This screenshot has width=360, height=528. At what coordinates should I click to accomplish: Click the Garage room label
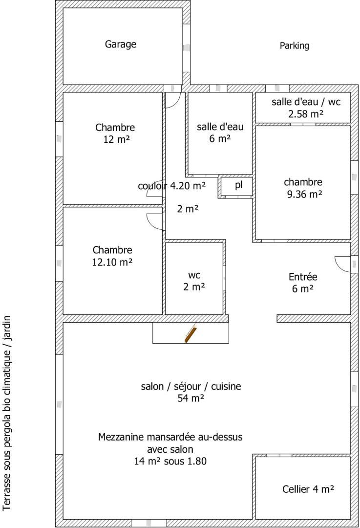point(121,44)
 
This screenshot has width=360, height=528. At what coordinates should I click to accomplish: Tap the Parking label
point(295,45)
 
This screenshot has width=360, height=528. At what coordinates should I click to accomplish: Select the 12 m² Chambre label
point(115,133)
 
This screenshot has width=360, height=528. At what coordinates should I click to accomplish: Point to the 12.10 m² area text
point(112,262)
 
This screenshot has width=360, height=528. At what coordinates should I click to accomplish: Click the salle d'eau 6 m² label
point(220,132)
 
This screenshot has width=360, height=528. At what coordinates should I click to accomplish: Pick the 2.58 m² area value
point(306,114)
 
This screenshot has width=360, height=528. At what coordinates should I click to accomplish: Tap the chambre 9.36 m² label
point(303,188)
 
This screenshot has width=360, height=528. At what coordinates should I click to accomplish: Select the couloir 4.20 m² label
point(171,186)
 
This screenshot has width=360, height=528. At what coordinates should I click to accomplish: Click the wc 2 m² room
point(194,279)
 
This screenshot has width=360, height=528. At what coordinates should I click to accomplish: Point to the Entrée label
point(303,277)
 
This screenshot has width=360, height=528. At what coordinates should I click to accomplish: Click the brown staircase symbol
point(191,333)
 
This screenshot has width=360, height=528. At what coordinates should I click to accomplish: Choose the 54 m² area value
point(191,398)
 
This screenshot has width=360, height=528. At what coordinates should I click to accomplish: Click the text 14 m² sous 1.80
point(170,461)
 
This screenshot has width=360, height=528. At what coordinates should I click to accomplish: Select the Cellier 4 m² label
point(308,489)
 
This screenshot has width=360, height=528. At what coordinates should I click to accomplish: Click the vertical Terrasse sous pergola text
point(7,413)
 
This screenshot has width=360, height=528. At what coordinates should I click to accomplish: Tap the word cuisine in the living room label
point(226,386)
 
